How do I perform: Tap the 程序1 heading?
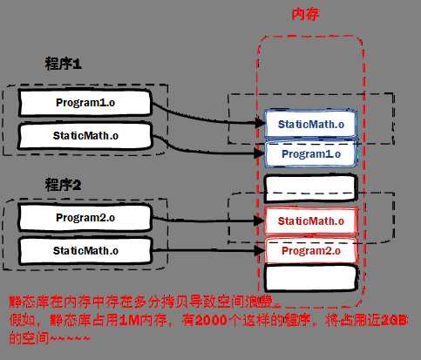(x=64, y=64)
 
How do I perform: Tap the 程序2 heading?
(x=64, y=184)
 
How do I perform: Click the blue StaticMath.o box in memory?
(x=310, y=124)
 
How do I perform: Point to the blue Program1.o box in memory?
(x=310, y=154)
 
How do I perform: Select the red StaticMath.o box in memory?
(x=310, y=221)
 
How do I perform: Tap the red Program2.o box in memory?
(x=310, y=252)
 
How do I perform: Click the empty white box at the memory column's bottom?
(x=310, y=279)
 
